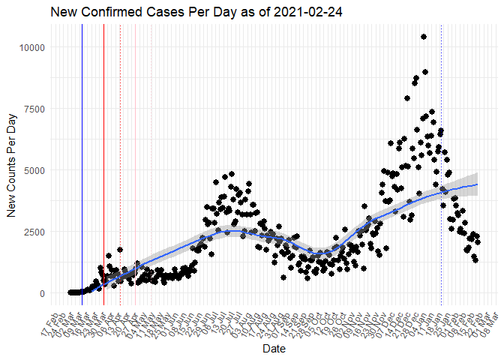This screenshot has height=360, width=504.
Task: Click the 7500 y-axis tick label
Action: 34,109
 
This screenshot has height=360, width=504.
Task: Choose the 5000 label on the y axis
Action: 34,170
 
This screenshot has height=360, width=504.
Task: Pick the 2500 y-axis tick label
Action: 34,232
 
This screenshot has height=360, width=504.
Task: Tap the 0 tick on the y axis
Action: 43,293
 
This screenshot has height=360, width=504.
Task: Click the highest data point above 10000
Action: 424,37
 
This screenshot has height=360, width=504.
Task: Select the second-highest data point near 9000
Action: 425,72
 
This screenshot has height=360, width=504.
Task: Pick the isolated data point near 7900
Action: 407,98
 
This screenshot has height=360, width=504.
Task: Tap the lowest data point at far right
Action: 475,259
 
